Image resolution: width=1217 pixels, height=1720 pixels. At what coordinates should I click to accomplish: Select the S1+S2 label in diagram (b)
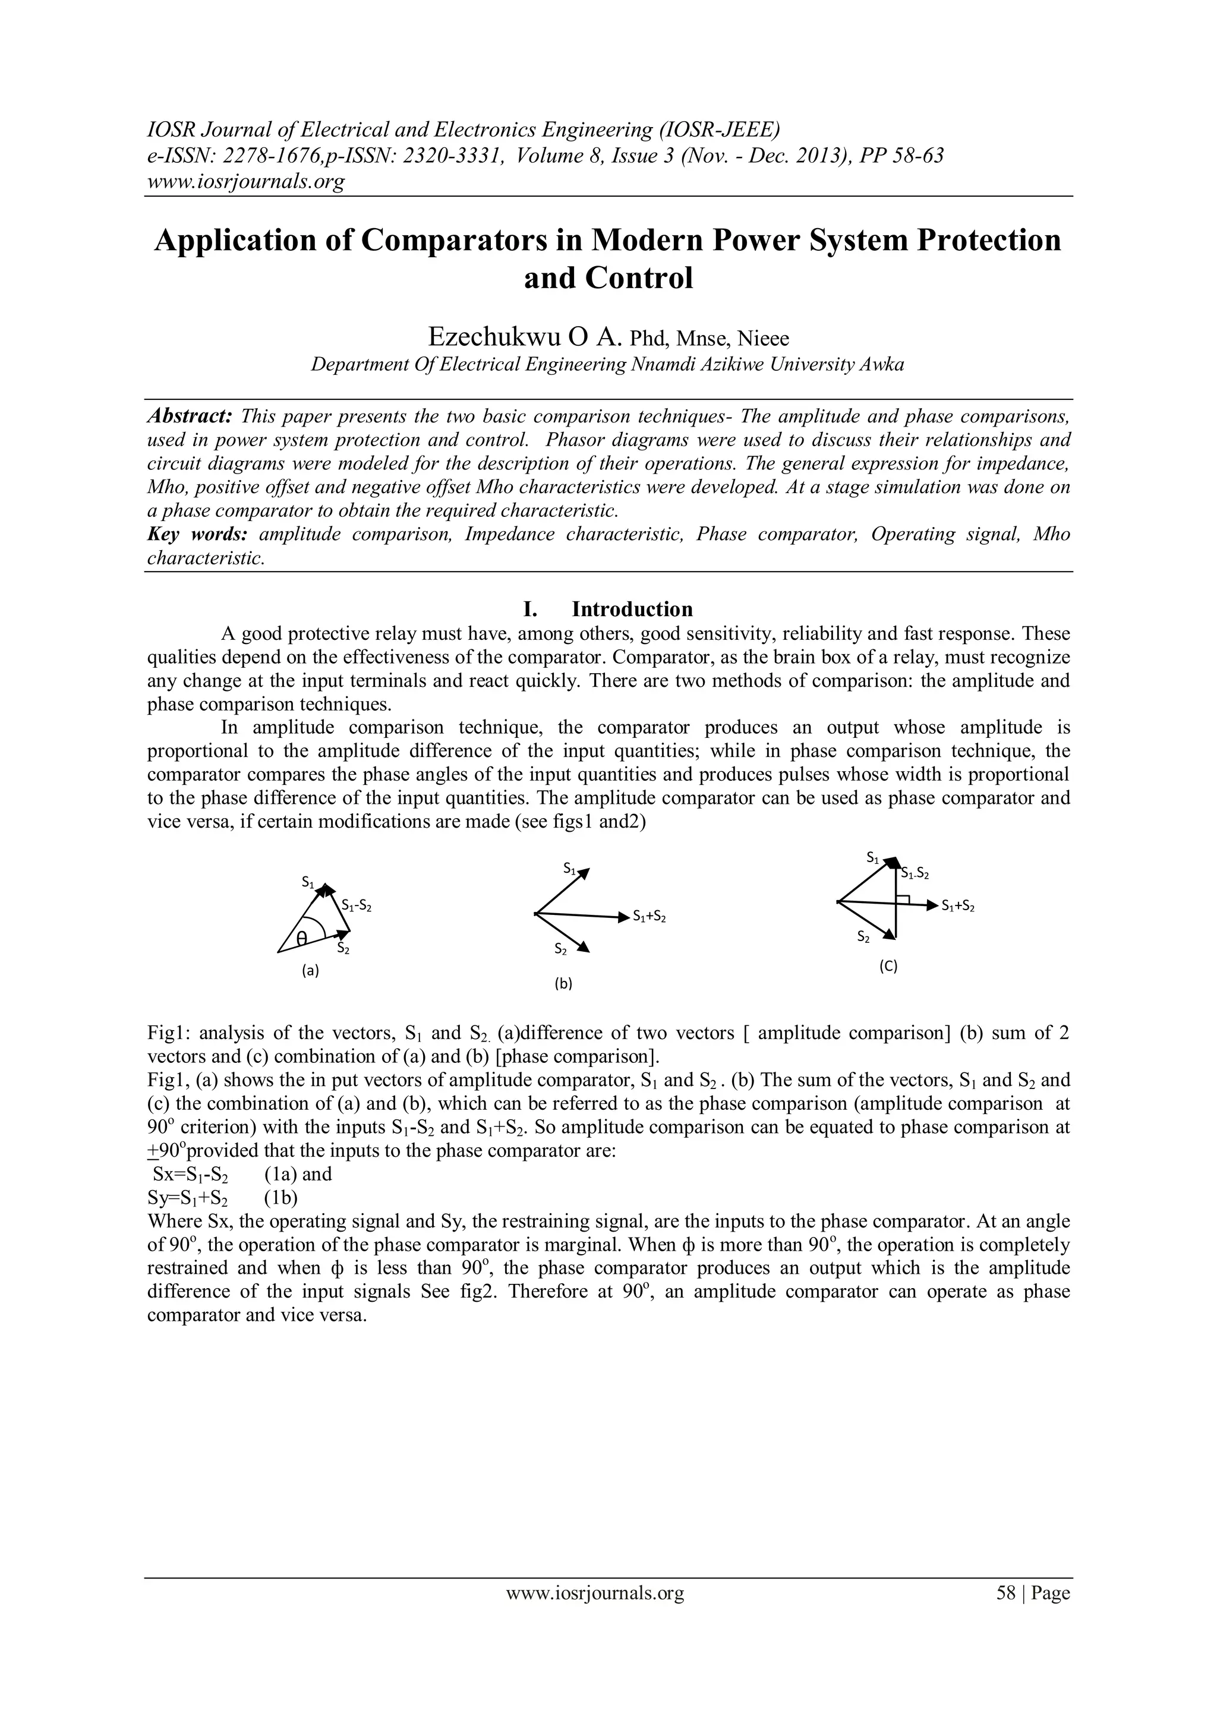tap(649, 916)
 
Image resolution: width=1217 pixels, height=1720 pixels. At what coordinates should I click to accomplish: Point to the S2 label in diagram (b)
tap(560, 949)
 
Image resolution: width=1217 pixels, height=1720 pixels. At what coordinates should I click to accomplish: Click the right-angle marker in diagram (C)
tap(904, 899)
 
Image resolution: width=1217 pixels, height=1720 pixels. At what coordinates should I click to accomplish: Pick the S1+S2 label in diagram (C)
tap(958, 907)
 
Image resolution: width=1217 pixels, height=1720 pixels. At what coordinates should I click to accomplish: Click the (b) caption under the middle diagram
tap(563, 984)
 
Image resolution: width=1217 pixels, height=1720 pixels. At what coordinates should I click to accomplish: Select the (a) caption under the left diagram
tap(310, 971)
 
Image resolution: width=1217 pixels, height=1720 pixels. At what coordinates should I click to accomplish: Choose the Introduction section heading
tap(632, 608)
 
